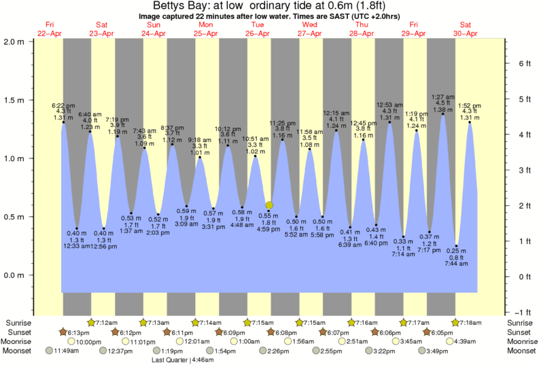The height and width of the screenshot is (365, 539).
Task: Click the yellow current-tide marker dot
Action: (x=269, y=205)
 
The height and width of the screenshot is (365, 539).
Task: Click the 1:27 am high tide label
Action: (x=442, y=97)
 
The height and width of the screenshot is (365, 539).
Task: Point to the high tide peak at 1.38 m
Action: (x=443, y=114)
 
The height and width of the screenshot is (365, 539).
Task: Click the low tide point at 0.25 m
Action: (x=457, y=246)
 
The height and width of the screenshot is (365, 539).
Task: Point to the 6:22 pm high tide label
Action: (x=63, y=106)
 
